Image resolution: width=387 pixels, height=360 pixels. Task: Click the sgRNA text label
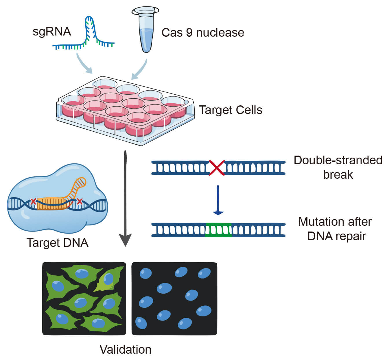[x=52, y=31]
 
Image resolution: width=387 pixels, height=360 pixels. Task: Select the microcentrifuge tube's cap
[x=145, y=11]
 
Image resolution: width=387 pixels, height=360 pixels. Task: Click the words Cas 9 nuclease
[x=202, y=33]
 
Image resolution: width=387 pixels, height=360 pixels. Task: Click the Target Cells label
[x=231, y=110]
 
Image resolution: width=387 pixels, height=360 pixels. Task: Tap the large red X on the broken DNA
[x=217, y=168]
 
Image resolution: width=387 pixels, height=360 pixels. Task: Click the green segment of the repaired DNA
[x=218, y=230]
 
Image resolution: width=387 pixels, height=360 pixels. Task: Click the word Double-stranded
[x=338, y=160]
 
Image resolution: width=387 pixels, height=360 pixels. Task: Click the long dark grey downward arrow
[x=125, y=199]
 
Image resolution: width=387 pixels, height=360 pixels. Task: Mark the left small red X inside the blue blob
[x=33, y=202]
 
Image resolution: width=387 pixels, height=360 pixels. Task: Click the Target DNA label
[x=57, y=243]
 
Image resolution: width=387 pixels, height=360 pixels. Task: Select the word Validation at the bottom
[x=125, y=350]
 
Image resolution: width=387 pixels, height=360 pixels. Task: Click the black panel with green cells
[x=84, y=299]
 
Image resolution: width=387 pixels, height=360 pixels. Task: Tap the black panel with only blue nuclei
[x=174, y=299]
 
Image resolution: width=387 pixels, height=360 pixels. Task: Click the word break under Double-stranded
[x=338, y=175]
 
